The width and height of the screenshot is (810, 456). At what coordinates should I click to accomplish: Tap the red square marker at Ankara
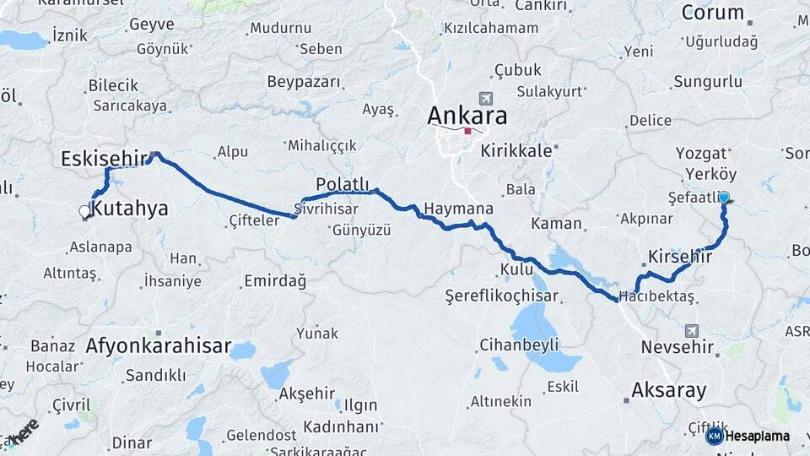[467, 131]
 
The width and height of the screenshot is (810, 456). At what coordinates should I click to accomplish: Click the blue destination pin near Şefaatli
[723, 198]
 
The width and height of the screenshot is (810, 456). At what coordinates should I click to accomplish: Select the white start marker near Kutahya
[84, 211]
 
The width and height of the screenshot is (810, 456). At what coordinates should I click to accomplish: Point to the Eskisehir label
[102, 158]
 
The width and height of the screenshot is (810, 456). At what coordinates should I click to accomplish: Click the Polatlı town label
[343, 184]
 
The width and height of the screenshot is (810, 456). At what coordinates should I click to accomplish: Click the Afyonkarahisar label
[159, 345]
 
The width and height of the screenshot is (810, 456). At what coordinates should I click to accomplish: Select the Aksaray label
[669, 390]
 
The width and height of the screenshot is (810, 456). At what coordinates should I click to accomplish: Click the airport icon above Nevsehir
[693, 330]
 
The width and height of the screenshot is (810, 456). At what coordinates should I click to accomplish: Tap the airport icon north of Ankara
[484, 98]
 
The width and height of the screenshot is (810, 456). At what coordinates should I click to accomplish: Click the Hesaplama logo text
[757, 436]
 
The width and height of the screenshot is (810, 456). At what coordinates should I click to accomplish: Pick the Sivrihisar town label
[327, 208]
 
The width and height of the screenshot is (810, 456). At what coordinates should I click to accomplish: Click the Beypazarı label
[304, 82]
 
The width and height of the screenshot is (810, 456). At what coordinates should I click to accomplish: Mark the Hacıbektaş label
[656, 296]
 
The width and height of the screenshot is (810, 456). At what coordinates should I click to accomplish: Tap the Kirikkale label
[516, 151]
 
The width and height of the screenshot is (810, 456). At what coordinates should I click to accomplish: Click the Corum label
[712, 13]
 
